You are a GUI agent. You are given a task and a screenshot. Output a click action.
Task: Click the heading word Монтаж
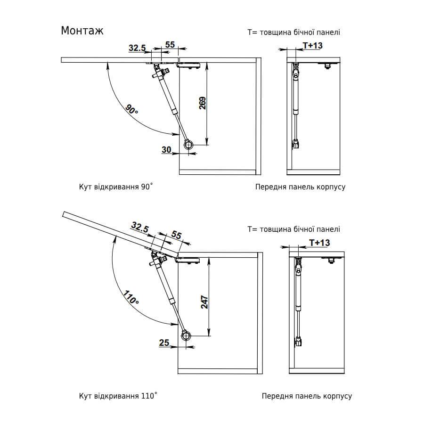[x=82, y=31]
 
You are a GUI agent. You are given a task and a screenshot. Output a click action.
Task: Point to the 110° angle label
[x=131, y=298]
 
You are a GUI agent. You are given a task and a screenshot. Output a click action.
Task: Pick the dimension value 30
[x=166, y=150]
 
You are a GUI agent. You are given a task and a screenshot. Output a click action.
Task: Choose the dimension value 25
[x=164, y=343]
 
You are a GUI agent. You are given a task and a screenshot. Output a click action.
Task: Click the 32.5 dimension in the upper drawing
[x=137, y=48]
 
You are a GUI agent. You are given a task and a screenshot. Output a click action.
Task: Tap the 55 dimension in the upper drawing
[x=170, y=45]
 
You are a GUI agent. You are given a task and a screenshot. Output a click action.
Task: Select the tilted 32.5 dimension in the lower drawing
[x=140, y=228]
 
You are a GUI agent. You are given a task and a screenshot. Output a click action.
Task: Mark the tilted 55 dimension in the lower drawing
[x=177, y=235]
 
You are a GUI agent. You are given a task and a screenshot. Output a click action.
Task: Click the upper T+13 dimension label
[x=312, y=45]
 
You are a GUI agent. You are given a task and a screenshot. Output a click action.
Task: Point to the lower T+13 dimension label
[x=319, y=243]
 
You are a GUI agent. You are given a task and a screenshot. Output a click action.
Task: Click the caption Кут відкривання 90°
[x=116, y=187]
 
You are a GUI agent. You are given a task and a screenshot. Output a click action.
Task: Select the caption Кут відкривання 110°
[x=118, y=396]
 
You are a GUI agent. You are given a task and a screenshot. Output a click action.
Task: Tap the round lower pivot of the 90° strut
[x=189, y=145]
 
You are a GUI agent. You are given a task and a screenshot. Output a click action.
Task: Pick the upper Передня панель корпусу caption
[x=300, y=187]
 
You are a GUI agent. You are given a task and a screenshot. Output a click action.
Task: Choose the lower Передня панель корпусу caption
[x=307, y=396]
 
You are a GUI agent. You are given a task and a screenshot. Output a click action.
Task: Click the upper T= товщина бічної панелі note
[x=294, y=33]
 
